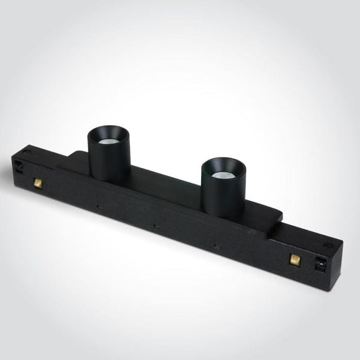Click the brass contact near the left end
[x=37, y=184]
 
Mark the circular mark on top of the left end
[x=27, y=151]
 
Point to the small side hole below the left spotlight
[x=98, y=207]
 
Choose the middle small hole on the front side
[x=155, y=226]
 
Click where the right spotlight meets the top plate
[x=224, y=215]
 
